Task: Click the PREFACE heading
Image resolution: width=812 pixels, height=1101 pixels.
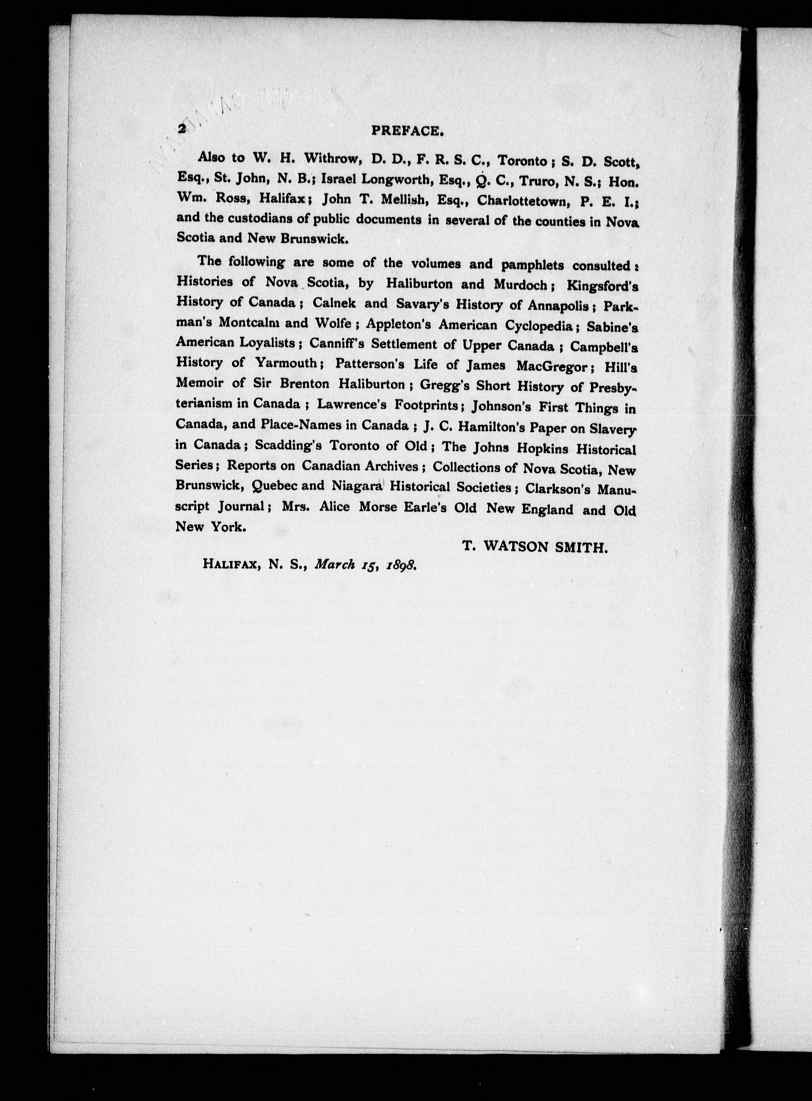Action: click(408, 131)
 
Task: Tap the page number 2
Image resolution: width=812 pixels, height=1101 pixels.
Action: click(182, 129)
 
